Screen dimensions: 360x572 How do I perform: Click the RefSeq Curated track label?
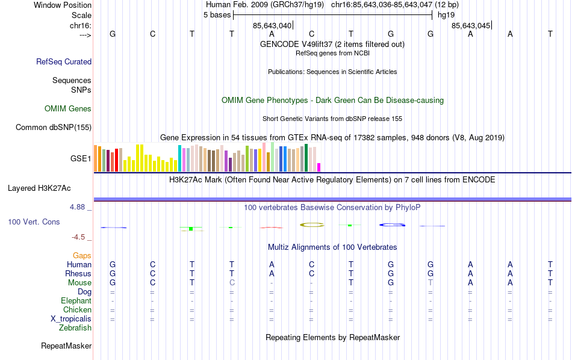pyautogui.click(x=64, y=61)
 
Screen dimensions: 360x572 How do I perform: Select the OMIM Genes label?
pyautogui.click(x=68, y=109)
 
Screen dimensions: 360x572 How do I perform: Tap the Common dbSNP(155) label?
pyautogui.click(x=54, y=127)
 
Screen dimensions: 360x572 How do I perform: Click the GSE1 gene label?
pyautogui.click(x=81, y=159)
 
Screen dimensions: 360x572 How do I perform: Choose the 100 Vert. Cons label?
pyautogui.click(x=34, y=222)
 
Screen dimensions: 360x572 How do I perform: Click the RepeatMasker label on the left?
pyautogui.click(x=66, y=346)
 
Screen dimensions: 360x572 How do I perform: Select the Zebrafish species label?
pyautogui.click(x=75, y=328)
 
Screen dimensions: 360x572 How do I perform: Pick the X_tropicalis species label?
pyautogui.click(x=71, y=319)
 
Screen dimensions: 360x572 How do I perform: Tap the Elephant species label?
pyautogui.click(x=76, y=301)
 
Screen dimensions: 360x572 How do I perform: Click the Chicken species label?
pyautogui.click(x=77, y=310)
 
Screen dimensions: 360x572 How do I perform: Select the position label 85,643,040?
pyautogui.click(x=272, y=25)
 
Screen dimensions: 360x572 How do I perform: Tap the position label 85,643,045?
pyautogui.click(x=471, y=25)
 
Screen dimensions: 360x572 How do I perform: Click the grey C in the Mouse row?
pyautogui.click(x=232, y=283)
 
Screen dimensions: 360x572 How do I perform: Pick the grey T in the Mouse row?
pyautogui.click(x=431, y=283)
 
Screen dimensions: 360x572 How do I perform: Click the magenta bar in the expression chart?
pyautogui.click(x=319, y=167)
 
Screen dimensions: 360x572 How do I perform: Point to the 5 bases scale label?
pyautogui.click(x=217, y=14)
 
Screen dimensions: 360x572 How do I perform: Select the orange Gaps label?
pyautogui.click(x=82, y=256)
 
